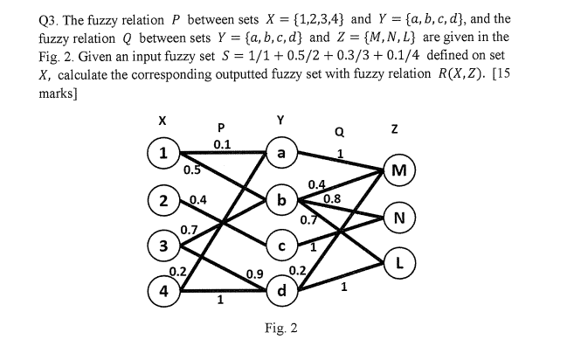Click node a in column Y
click(281, 153)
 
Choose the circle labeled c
click(281, 246)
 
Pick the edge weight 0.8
click(332, 198)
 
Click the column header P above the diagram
click(222, 125)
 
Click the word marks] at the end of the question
click(37, 76)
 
